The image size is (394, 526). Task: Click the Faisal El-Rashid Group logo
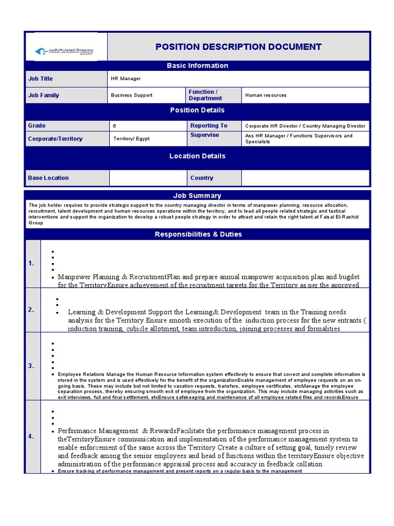(x=64, y=51)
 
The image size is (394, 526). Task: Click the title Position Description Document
(x=239, y=47)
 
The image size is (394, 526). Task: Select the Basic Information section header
(x=198, y=66)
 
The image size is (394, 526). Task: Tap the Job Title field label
(x=41, y=79)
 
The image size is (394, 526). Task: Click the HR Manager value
(x=126, y=79)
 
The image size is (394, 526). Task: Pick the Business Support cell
(x=131, y=95)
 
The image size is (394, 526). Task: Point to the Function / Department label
(x=205, y=95)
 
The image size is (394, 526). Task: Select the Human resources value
(x=266, y=95)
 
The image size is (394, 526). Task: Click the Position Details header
(x=198, y=110)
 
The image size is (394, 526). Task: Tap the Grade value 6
(x=114, y=125)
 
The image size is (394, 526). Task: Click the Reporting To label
(x=208, y=125)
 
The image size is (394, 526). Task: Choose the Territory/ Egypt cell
(x=131, y=139)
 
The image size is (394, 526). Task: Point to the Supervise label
(x=204, y=135)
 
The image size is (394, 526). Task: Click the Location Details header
(x=198, y=156)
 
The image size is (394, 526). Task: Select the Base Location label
(x=48, y=178)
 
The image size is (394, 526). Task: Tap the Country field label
(x=202, y=178)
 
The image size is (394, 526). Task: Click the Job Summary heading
(x=198, y=195)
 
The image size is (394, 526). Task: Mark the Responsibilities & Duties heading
(x=198, y=234)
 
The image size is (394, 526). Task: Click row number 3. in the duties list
(x=31, y=366)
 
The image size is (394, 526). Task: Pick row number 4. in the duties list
(x=31, y=437)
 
